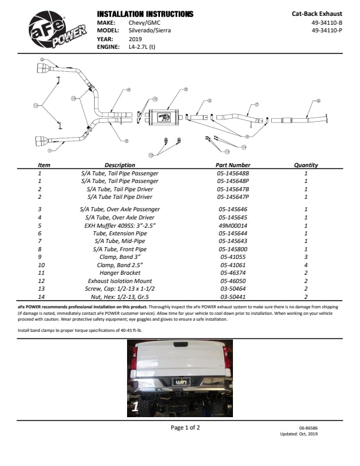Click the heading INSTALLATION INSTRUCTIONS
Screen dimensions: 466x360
(x=145, y=14)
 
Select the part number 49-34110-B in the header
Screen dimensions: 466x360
(x=328, y=24)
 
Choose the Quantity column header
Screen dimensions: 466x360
(x=306, y=165)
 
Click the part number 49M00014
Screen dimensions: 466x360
(x=233, y=225)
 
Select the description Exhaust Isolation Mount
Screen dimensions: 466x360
(x=120, y=282)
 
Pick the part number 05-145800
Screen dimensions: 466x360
(x=233, y=249)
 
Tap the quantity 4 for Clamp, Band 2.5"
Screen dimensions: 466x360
(x=306, y=265)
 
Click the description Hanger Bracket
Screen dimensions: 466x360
(x=120, y=274)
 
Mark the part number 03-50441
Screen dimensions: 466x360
(x=233, y=298)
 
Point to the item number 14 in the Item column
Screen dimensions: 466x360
(x=40, y=298)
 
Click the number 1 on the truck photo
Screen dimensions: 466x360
(x=135, y=406)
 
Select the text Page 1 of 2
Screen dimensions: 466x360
(x=185, y=428)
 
